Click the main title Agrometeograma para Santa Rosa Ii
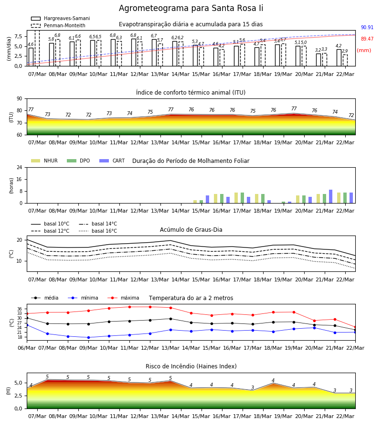pyautogui.click(x=191, y=8)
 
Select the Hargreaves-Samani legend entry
pyautogui.click(x=61, y=18)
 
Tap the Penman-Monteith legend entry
pyautogui.click(x=58, y=25)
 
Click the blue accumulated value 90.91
pyautogui.click(x=367, y=27)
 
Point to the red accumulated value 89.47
pyautogui.click(x=367, y=39)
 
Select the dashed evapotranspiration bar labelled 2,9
pyautogui.click(x=345, y=60)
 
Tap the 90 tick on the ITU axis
pyautogui.click(x=20, y=99)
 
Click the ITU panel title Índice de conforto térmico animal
pyautogui.click(x=191, y=92)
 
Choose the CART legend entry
pyautogui.click(x=112, y=161)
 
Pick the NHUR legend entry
pyautogui.click(x=44, y=161)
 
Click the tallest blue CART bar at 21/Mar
pyautogui.click(x=331, y=196)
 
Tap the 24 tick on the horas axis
pyautogui.click(x=20, y=167)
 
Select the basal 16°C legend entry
pyautogui.click(x=98, y=231)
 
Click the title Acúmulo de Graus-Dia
pyautogui.click(x=191, y=230)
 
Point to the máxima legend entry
pyautogui.click(x=124, y=298)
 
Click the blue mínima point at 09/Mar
pyautogui.click(x=88, y=338)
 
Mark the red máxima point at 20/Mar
pyautogui.click(x=314, y=321)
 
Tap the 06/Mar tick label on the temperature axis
pyautogui.click(x=27, y=348)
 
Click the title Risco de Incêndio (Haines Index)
pyautogui.click(x=191, y=366)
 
